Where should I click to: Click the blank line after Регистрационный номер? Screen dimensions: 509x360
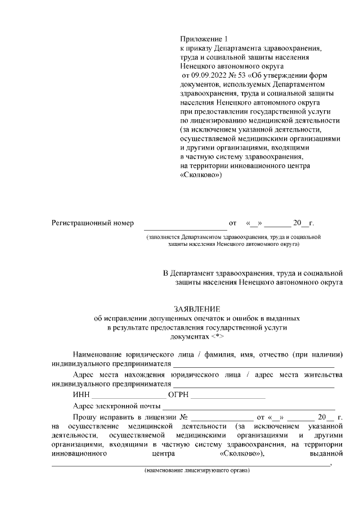tap(185, 225)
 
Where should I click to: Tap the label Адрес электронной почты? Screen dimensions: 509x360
tap(116, 406)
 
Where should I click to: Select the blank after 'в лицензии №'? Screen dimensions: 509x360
tap(220, 418)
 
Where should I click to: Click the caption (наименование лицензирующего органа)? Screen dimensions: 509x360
tap(196, 470)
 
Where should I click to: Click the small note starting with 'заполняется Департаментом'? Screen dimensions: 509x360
tap(233, 241)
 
